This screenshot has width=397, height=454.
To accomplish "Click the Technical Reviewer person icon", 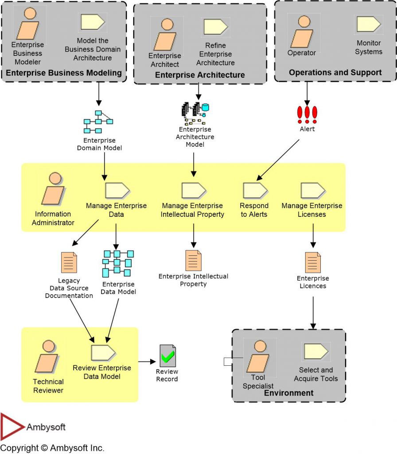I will [x=47, y=357].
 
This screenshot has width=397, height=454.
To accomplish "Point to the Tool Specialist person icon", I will [x=257, y=356].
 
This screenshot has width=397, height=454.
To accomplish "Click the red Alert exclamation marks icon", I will [x=307, y=114].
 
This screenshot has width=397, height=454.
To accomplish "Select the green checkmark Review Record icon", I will [x=167, y=356].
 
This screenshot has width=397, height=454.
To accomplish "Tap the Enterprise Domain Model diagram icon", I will [x=98, y=122].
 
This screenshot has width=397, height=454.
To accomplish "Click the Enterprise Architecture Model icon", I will [x=195, y=113].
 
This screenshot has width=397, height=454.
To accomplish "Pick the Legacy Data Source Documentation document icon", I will [x=69, y=262].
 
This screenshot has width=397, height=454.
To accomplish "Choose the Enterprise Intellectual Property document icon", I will [x=193, y=261].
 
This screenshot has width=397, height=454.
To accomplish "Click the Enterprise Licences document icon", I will [x=313, y=262].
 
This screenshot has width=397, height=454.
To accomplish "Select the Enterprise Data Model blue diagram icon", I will [x=117, y=264].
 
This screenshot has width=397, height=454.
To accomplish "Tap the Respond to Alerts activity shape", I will [x=255, y=190].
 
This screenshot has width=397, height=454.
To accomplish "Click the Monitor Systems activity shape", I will [x=368, y=24].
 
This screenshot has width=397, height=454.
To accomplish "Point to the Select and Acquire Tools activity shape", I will [x=315, y=352].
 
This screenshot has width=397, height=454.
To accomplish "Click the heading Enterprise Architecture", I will [x=200, y=75].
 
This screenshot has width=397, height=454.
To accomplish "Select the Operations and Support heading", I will [x=335, y=72].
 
